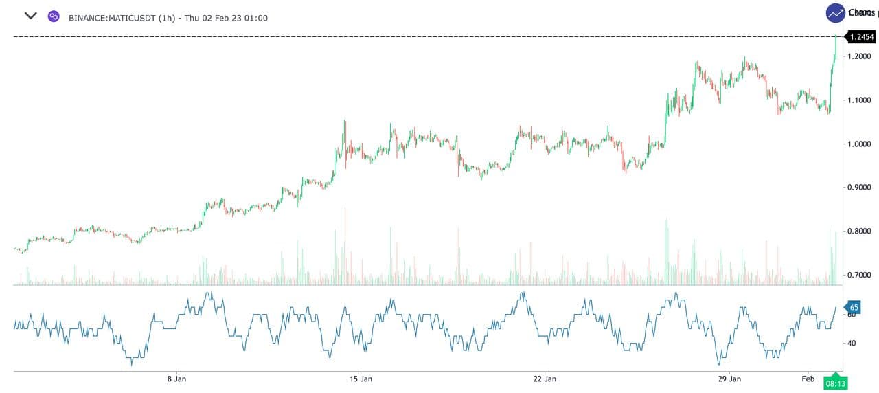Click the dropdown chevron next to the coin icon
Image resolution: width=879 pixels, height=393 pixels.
pos(30,15)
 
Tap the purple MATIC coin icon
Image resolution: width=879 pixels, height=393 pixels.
pos(54,16)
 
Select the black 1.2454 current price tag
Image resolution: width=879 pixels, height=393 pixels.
pos(861,37)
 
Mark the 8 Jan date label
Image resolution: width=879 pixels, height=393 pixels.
pos(176,379)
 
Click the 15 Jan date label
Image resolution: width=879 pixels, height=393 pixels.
pos(361,379)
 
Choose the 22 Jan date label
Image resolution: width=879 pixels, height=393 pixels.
pos(545,379)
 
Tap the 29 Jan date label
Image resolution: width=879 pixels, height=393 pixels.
pos(729,379)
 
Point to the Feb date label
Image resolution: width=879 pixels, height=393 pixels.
pos(808,379)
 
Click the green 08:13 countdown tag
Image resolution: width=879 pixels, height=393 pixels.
pos(835,383)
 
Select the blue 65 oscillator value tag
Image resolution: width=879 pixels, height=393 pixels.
pos(853,307)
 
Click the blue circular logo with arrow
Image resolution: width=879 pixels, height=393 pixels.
pos(836,13)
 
